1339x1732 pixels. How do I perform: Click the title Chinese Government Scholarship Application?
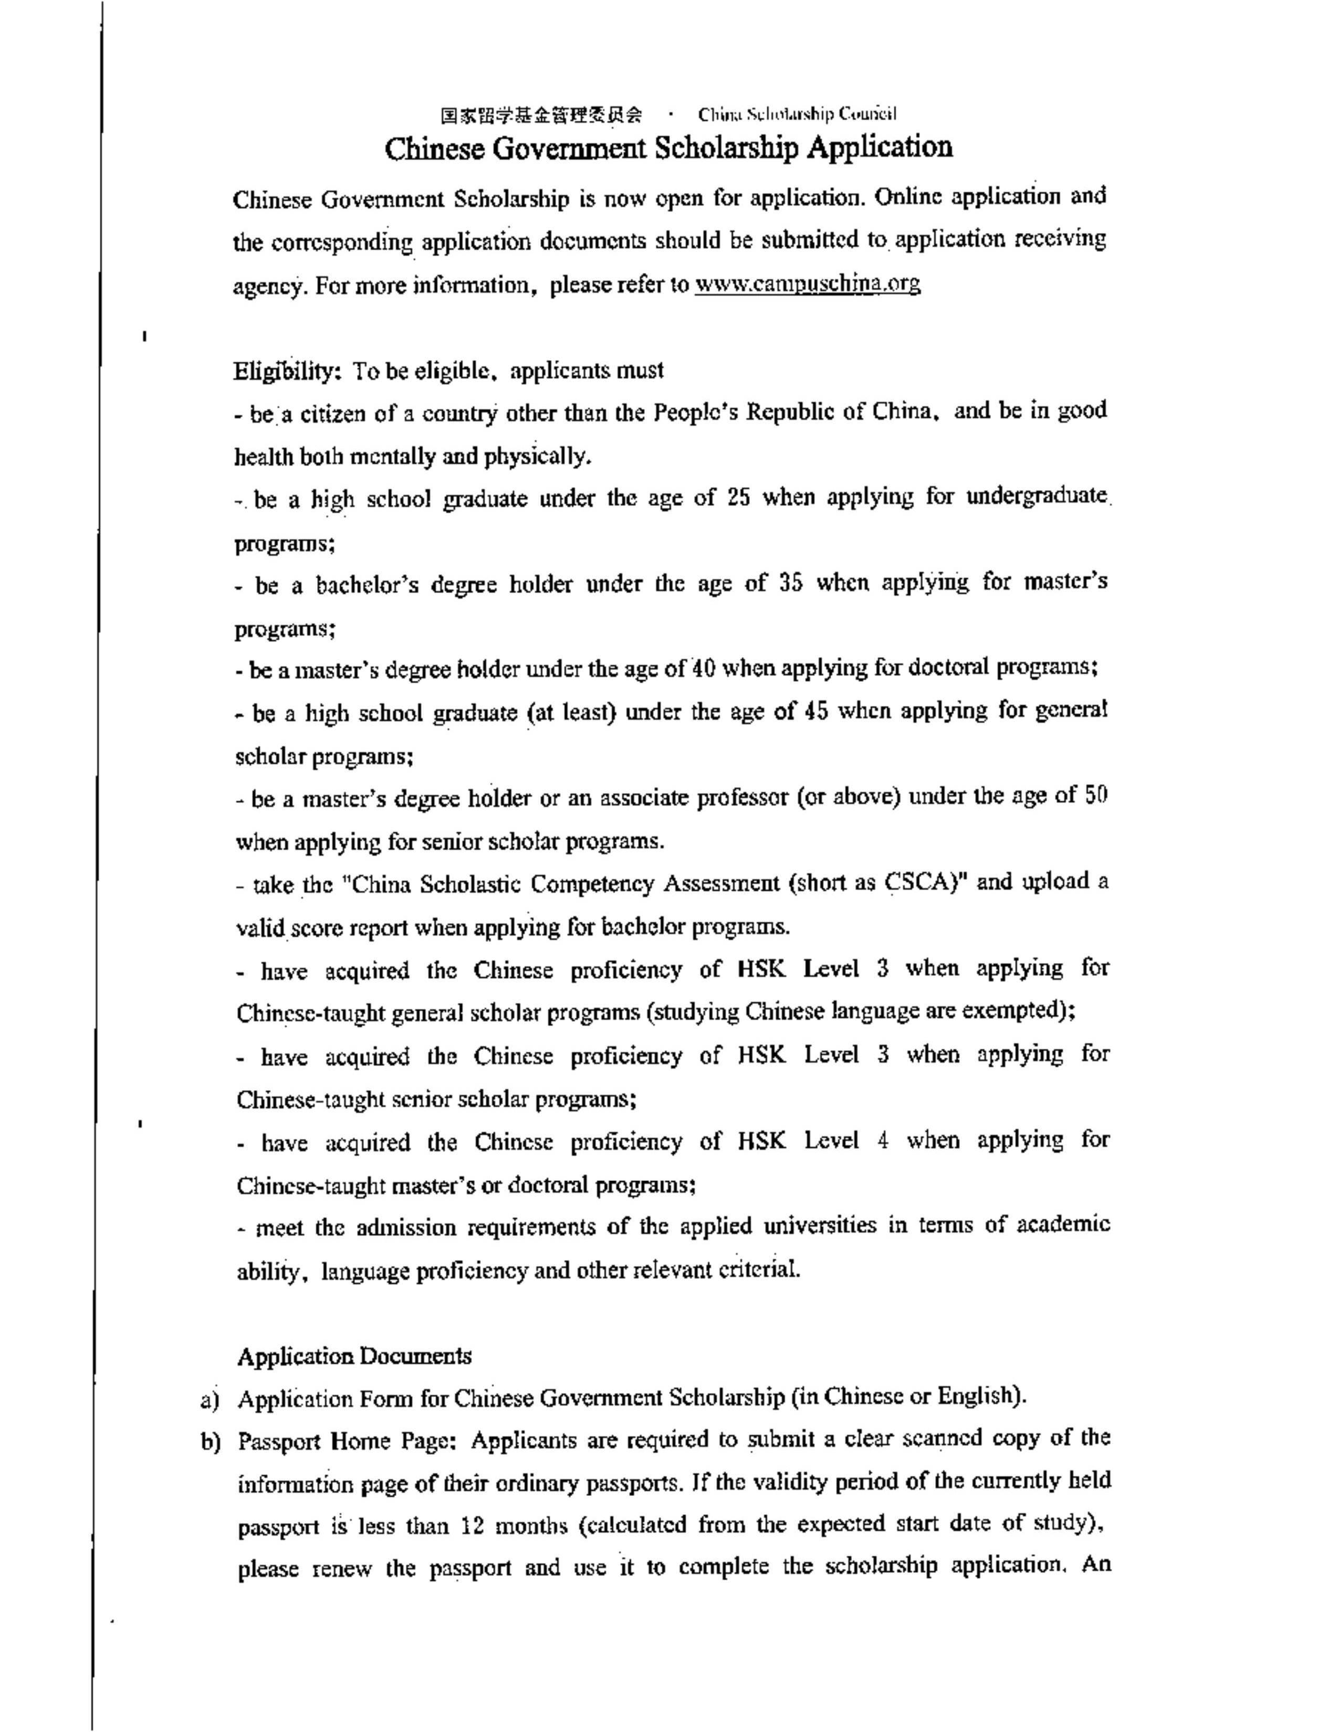click(668, 147)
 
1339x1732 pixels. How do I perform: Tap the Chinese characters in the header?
click(542, 114)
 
